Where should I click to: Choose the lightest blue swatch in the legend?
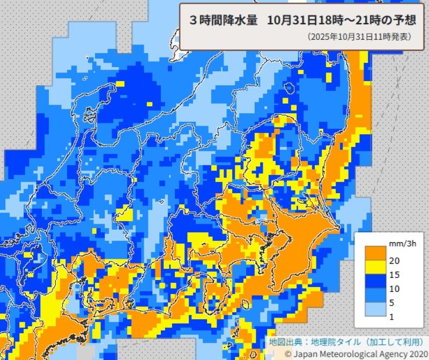[375, 310]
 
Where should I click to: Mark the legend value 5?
[393, 303]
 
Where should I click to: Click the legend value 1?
[393, 317]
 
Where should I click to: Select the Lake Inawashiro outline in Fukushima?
[290, 89]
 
